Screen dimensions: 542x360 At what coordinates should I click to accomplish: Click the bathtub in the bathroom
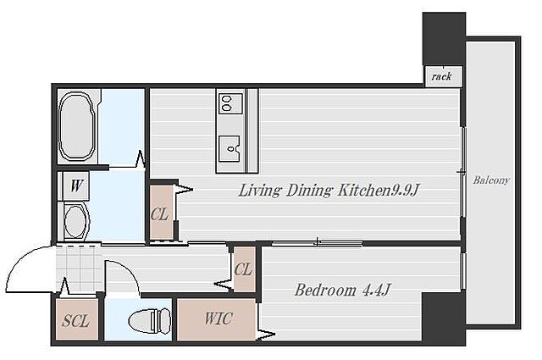pyautogui.click(x=76, y=126)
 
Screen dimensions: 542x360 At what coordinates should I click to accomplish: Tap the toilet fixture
pyautogui.click(x=149, y=321)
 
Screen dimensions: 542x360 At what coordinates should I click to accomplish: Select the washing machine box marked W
pyautogui.click(x=76, y=186)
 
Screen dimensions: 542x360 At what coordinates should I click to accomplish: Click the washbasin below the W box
pyautogui.click(x=75, y=221)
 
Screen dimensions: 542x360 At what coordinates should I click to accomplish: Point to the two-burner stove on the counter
pyautogui.click(x=230, y=102)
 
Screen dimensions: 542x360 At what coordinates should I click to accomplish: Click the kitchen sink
pyautogui.click(x=230, y=148)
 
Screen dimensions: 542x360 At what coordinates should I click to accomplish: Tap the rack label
pyautogui.click(x=441, y=76)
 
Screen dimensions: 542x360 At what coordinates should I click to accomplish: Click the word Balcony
pyautogui.click(x=491, y=180)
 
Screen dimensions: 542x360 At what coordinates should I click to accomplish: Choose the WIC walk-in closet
pyautogui.click(x=217, y=319)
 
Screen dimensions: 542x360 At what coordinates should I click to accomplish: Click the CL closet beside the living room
pyautogui.click(x=161, y=213)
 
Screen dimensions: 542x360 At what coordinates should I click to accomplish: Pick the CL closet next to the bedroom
pyautogui.click(x=245, y=269)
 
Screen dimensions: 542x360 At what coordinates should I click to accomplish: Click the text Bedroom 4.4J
pyautogui.click(x=342, y=291)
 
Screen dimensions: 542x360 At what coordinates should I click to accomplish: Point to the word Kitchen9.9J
pyautogui.click(x=379, y=191)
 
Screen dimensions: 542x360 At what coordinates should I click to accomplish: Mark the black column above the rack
pyautogui.click(x=444, y=38)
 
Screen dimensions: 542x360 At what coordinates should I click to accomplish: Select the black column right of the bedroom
pyautogui.click(x=444, y=318)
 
